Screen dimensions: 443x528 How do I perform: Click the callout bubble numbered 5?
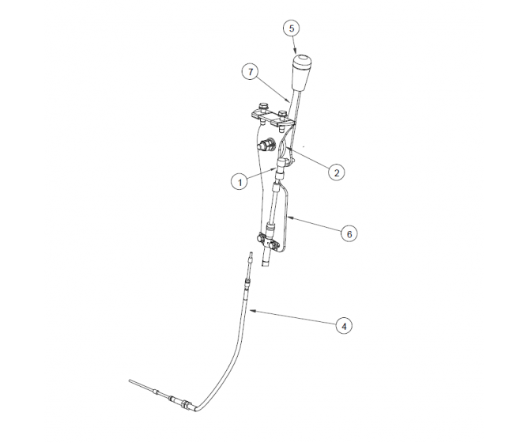point(292,28)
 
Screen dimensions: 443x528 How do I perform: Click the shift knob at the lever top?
point(303,70)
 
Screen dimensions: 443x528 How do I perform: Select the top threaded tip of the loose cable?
point(250,256)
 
